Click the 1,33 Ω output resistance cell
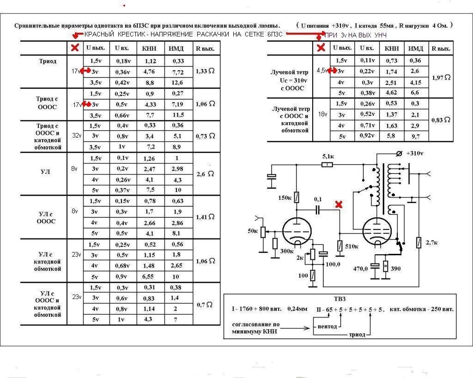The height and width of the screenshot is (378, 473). tap(205, 72)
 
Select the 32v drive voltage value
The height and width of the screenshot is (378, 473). tap(76, 136)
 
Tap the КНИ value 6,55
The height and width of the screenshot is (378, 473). tap(150, 276)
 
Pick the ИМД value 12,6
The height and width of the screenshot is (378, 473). tap(178, 83)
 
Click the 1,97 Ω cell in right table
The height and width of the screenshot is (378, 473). tap(441, 78)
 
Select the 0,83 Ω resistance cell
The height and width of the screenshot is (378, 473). tap(440, 120)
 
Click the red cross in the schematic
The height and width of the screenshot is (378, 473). tap(339, 204)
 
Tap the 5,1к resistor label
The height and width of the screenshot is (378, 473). tap(328, 157)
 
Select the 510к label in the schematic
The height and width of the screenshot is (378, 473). tap(352, 246)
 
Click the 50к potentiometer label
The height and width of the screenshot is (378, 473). tap(252, 230)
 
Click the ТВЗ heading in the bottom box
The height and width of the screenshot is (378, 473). tap(340, 299)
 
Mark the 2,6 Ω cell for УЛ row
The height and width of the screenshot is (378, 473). tap(206, 174)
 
